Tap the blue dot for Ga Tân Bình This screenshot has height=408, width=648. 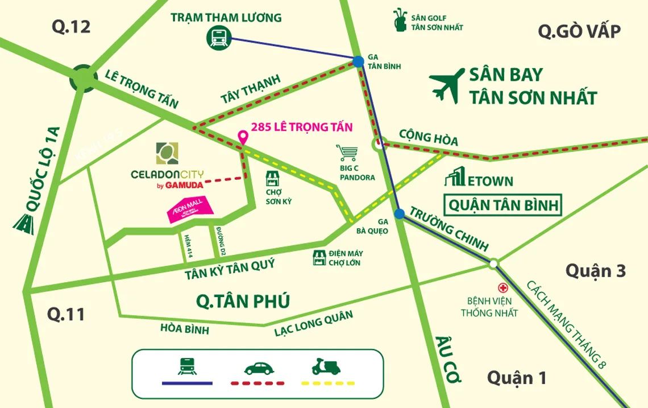358,61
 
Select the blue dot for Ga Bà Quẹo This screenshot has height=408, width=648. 400,213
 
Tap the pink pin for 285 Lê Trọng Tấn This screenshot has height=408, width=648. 243,137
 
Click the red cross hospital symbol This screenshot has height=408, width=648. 502,287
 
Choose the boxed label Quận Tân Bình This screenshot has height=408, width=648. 504,205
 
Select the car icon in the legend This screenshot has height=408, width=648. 259,367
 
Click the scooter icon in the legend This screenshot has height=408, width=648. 326,366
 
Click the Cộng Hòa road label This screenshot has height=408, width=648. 428,137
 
